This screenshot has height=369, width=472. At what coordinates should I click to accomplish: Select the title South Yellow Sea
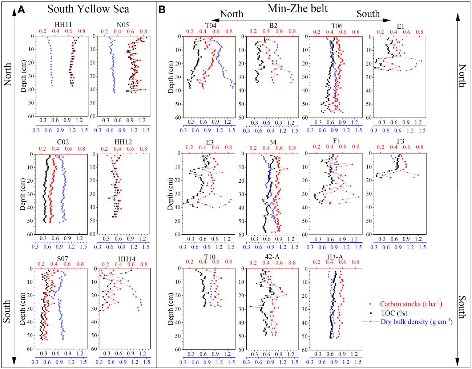click(x=88, y=9)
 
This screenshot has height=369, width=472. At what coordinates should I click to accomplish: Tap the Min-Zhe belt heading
click(x=297, y=8)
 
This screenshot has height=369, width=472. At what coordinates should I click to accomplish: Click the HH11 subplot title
click(x=63, y=25)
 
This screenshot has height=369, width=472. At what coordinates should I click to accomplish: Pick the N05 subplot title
click(x=122, y=25)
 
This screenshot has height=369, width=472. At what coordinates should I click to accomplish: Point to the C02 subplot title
click(x=62, y=142)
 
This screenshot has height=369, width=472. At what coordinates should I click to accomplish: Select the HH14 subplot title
click(x=126, y=259)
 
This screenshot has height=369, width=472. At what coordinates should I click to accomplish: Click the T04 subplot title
click(x=211, y=25)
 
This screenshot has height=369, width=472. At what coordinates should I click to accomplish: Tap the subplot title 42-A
click(x=272, y=257)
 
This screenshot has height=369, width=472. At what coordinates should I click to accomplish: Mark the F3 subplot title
click(x=400, y=141)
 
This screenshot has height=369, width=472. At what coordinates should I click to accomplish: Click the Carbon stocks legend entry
click(x=411, y=304)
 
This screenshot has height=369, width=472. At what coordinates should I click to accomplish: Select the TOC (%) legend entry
click(x=394, y=313)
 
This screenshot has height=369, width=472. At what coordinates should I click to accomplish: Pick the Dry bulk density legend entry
click(x=416, y=322)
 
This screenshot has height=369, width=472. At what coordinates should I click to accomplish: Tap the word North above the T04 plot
click(x=231, y=14)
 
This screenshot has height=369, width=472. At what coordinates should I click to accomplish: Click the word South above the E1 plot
click(x=368, y=14)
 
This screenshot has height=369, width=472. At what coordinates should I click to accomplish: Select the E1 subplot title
click(x=400, y=26)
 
